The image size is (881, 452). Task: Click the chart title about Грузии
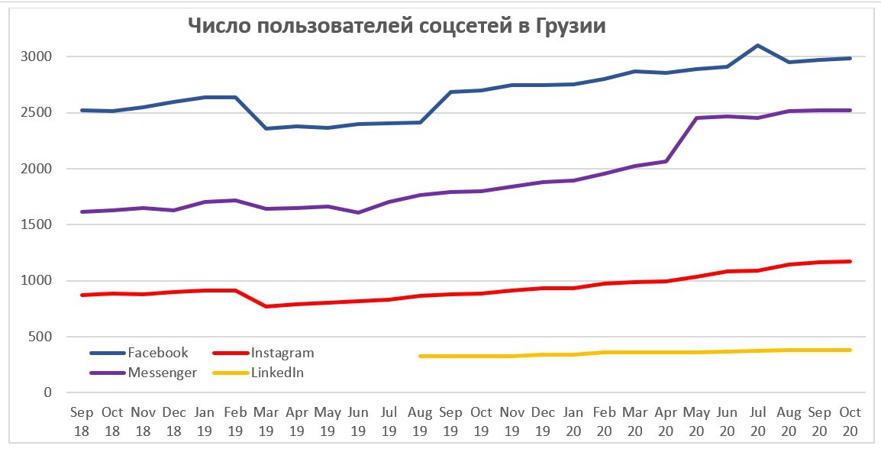(396, 26)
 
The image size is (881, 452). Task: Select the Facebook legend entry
(157, 353)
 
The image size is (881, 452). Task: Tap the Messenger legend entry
(162, 373)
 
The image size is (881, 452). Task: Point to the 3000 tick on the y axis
(37, 56)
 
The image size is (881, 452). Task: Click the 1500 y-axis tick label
(37, 224)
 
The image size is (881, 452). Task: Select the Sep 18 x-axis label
(82, 421)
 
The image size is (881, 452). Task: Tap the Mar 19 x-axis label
(266, 421)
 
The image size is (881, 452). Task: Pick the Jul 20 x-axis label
(757, 421)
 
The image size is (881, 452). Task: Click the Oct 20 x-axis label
(850, 421)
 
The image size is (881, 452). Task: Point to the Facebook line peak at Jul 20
(757, 45)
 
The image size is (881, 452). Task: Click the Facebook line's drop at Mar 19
(266, 128)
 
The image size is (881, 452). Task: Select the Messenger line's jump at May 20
(696, 118)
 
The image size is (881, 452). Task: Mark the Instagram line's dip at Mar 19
(266, 306)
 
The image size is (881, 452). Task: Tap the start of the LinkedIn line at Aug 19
(420, 356)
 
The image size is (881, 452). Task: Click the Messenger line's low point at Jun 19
(358, 212)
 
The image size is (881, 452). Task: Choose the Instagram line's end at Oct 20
(850, 262)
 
